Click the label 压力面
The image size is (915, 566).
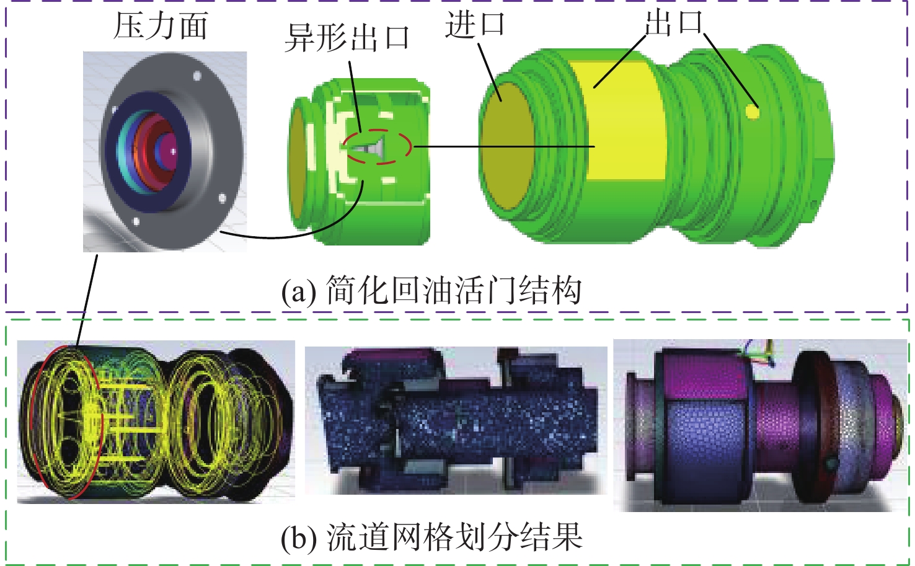coord(161,26)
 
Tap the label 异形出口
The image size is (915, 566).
coord(347,38)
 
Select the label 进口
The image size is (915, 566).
coord(475,24)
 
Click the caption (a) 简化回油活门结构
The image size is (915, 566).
coord(431,291)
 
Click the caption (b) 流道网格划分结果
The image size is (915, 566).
coord(431,537)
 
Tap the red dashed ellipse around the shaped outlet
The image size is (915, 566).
coord(377,147)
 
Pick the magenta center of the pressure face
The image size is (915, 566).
coord(169,152)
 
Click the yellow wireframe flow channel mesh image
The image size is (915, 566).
coord(156,422)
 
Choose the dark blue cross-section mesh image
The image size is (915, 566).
coord(456,420)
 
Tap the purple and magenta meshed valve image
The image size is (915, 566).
coord(760,425)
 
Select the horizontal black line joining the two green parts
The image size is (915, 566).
coord(504,146)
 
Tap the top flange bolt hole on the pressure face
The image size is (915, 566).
coord(197,76)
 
